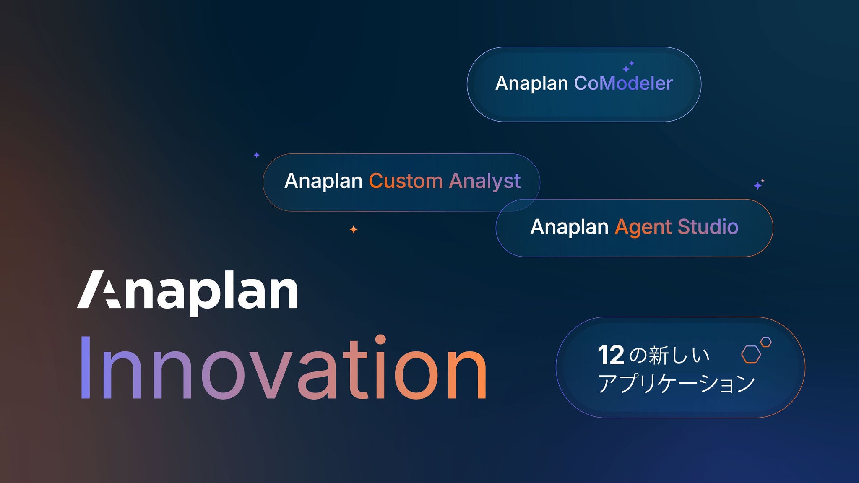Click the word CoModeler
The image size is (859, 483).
623,83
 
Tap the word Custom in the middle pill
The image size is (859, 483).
406,181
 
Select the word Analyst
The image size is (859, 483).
484,181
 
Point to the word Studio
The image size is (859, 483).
708,227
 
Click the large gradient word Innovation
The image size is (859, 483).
283,368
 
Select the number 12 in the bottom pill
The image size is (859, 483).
611,355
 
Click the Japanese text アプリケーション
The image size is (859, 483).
676,383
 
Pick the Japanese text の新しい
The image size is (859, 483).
669,355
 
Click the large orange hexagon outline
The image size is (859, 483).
751,354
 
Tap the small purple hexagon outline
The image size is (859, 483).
766,342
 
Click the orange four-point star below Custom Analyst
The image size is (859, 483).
354,229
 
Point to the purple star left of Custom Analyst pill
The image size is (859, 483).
257,155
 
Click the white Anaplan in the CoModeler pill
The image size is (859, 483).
531,83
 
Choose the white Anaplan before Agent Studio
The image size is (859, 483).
569,227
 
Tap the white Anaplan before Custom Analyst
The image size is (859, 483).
323,181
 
